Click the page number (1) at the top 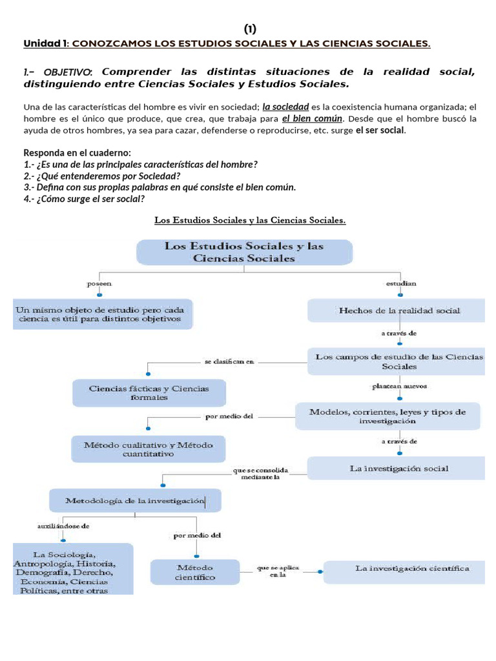(x=250, y=29)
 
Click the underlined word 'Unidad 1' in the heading (x=46, y=44)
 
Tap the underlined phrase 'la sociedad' (x=285, y=107)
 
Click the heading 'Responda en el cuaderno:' (x=77, y=153)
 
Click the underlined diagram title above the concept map (x=250, y=221)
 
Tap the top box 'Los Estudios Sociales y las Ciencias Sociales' (x=244, y=252)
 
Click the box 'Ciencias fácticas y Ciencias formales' (x=149, y=392)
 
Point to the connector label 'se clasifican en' (x=229, y=362)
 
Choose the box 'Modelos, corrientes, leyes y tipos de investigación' (x=387, y=416)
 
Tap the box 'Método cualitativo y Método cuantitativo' (x=149, y=449)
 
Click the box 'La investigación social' (x=398, y=468)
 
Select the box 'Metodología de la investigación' (x=135, y=500)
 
